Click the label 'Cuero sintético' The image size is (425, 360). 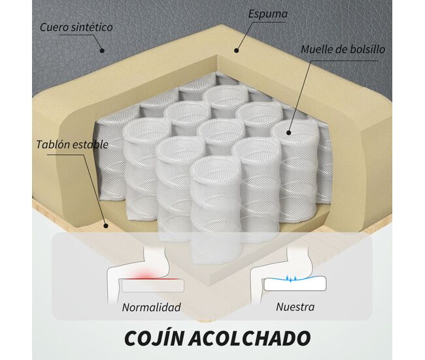point(76,27)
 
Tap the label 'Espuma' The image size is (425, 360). point(268,14)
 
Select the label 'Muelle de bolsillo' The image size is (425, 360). point(343,50)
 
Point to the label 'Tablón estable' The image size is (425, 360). point(73,144)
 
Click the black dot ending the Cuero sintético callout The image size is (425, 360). point(102,50)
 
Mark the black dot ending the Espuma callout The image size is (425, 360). point(236,50)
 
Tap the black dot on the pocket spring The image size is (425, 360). point(288,133)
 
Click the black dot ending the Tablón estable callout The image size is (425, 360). point(106,225)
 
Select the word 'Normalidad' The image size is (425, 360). point(152,307)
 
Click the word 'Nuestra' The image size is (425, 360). point(296,307)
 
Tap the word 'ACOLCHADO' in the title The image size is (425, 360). point(249,338)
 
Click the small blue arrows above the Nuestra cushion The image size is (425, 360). point(290,279)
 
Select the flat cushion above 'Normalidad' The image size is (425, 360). point(153,286)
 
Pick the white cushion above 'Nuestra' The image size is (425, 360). point(296,284)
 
